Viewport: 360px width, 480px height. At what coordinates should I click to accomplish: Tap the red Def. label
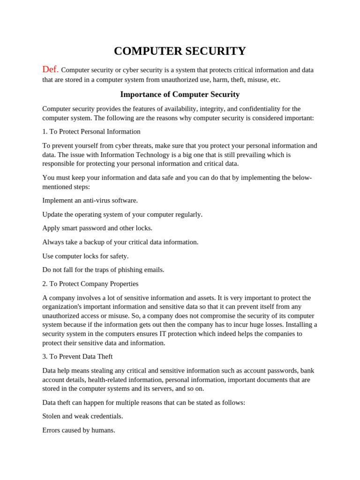coord(50,69)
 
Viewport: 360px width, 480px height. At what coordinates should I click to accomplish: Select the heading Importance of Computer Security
coord(180,94)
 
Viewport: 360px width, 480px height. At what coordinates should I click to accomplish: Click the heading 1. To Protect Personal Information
coord(91,132)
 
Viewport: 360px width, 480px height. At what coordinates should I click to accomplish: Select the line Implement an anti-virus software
coord(90,201)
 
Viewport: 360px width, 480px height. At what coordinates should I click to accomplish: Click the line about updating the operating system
coord(122,214)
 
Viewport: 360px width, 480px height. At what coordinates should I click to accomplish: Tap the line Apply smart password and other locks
coord(97,228)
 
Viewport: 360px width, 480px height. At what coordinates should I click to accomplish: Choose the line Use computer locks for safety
coord(85,256)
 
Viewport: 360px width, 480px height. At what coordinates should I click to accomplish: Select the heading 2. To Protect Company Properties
coord(90,284)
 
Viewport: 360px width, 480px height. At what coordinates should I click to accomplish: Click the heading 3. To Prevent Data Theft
coord(77,357)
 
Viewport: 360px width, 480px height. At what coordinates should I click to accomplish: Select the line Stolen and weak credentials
coord(82,416)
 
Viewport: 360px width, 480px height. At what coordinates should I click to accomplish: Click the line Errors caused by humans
coord(79,430)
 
